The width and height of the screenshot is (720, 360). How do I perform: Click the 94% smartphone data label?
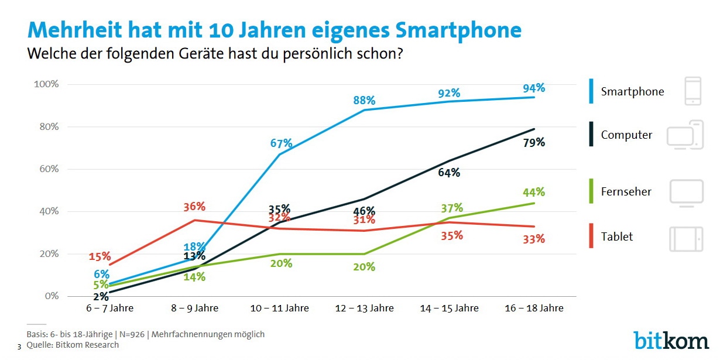[x=534, y=88]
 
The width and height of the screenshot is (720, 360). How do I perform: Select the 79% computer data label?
[x=534, y=142]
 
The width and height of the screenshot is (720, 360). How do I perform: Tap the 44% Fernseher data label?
[x=534, y=192]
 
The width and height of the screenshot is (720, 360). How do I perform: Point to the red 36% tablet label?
[x=194, y=207]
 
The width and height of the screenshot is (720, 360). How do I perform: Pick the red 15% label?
[x=100, y=256]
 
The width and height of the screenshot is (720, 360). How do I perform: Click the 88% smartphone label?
[x=364, y=101]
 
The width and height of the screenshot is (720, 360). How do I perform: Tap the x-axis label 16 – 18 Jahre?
[x=533, y=308]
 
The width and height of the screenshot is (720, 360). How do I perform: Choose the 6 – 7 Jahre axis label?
[x=109, y=308]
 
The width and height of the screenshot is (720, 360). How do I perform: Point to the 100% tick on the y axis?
[x=46, y=84]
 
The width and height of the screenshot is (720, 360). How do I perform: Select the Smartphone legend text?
[x=632, y=92]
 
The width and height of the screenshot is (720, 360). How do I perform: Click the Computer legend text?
[x=626, y=135]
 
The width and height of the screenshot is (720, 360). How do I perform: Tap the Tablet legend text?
[x=617, y=237]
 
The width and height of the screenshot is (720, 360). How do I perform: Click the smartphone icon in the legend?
[x=692, y=91]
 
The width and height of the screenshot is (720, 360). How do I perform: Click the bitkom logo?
[x=671, y=340]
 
